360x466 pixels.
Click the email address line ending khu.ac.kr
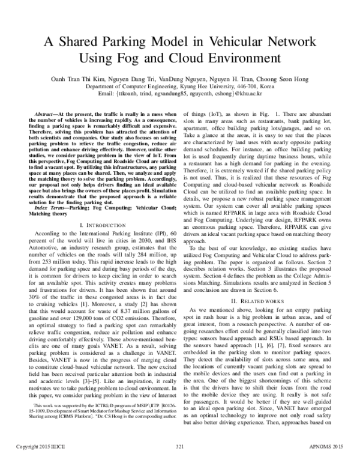[180, 94]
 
